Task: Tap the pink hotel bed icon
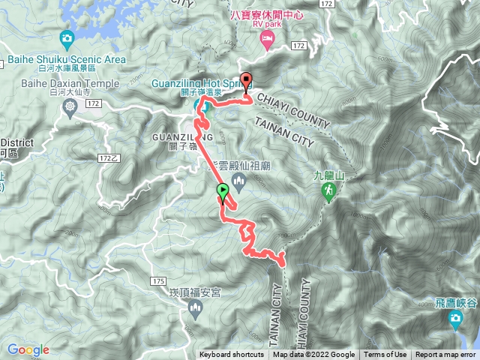266,43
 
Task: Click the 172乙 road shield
109,158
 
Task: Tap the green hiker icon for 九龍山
328,193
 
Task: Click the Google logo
28,349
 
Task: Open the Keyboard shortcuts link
231,355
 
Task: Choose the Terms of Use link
385,355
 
